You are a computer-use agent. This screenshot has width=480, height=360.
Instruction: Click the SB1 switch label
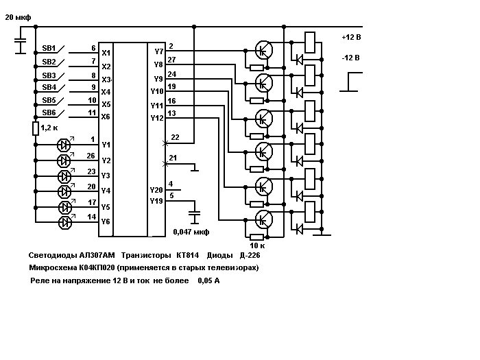coord(49,49)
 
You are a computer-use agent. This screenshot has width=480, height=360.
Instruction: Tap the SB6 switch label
coord(49,112)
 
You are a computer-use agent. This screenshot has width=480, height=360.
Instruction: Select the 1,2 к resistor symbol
coord(36,128)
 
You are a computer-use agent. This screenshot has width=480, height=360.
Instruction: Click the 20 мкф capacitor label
coord(18,17)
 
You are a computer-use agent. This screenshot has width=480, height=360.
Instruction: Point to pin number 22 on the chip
coord(175,137)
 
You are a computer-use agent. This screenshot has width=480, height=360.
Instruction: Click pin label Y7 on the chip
coord(158,51)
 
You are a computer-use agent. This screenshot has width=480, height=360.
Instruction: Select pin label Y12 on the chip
coord(157,118)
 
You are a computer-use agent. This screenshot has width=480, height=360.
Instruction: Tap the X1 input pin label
coord(106,53)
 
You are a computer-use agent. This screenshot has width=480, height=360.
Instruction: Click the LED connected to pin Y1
coord(64,145)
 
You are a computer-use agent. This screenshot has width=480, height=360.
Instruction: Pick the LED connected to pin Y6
coord(65,223)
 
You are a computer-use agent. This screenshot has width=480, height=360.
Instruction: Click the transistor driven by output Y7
coord(263,50)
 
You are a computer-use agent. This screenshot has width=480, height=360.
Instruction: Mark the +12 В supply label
coord(351,37)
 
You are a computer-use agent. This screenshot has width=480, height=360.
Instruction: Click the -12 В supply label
coord(351,58)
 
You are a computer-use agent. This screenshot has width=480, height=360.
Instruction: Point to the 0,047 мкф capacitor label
coord(191,232)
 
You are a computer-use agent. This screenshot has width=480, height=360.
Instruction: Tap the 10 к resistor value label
coord(257,245)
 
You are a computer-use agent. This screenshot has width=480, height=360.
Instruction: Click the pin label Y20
coord(156,190)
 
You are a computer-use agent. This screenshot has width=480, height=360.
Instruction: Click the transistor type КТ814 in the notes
coord(187,255)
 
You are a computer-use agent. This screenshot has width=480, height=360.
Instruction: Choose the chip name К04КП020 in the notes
coord(97,267)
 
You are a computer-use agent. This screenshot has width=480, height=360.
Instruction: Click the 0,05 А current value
coord(208,280)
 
